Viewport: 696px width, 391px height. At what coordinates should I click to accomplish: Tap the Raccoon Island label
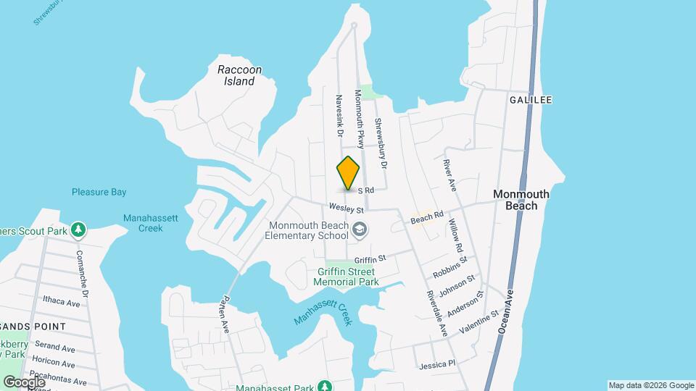(239, 75)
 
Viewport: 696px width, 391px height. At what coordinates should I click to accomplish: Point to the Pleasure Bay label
(99, 192)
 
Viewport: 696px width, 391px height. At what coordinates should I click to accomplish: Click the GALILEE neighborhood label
(531, 99)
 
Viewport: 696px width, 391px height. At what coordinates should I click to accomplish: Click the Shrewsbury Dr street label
(381, 139)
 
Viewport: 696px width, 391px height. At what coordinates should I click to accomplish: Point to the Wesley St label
(345, 208)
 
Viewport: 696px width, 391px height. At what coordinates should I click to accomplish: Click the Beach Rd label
(426, 216)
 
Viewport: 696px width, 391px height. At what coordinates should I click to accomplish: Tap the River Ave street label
(449, 176)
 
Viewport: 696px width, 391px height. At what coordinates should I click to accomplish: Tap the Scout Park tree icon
(78, 230)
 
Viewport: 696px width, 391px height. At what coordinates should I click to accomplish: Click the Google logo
(24, 382)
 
